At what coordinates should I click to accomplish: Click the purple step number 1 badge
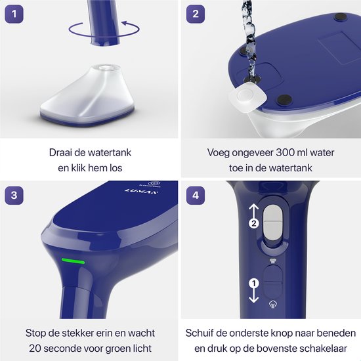[x=14, y=14]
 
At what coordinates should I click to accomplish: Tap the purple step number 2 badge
[x=196, y=14]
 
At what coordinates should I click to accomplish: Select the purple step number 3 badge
[x=14, y=196]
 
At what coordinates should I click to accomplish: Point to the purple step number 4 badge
[x=196, y=196]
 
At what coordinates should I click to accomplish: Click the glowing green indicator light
[x=73, y=261]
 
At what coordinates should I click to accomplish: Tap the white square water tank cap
[x=247, y=97]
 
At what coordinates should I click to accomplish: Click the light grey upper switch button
[x=272, y=223]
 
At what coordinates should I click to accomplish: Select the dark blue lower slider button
[x=272, y=282]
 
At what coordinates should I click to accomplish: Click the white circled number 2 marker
[x=254, y=223]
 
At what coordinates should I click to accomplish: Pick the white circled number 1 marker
[x=254, y=283]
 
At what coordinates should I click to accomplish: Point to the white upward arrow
[x=254, y=211]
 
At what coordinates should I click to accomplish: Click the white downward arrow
[x=254, y=295]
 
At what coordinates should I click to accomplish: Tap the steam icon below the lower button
[x=273, y=305]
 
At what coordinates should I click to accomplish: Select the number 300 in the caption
[x=286, y=153]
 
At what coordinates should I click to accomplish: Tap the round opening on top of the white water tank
[x=106, y=68]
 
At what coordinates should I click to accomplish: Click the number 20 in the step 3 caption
[x=35, y=349]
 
